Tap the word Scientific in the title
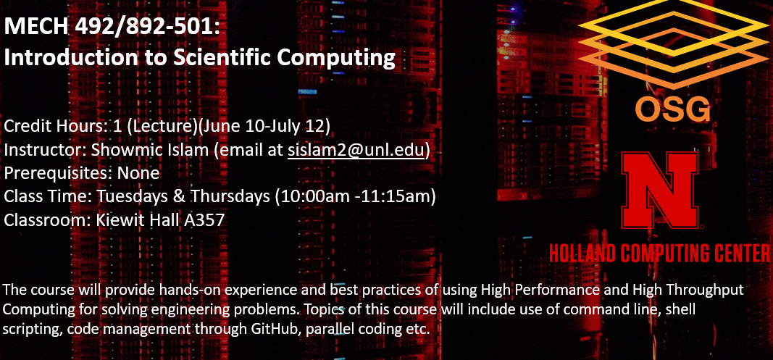(x=222, y=58)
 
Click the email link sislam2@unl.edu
(x=356, y=150)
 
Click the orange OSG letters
(x=672, y=109)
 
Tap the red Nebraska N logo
(x=660, y=189)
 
